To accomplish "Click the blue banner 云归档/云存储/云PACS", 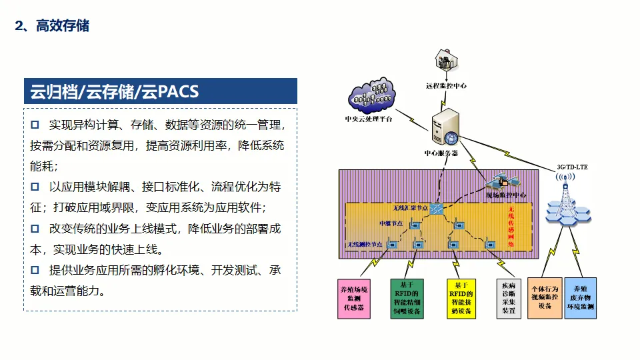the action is click(160, 91).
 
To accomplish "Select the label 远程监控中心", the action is click(446, 86).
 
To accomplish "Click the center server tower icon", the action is click(445, 128).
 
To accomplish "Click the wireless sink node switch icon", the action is click(437, 208).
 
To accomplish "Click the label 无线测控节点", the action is click(365, 245).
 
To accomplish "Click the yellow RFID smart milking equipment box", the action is click(460, 297).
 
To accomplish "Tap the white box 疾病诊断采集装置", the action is click(509, 298).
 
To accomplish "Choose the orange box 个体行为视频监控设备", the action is click(545, 297).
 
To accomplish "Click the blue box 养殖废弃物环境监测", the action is click(580, 297).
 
